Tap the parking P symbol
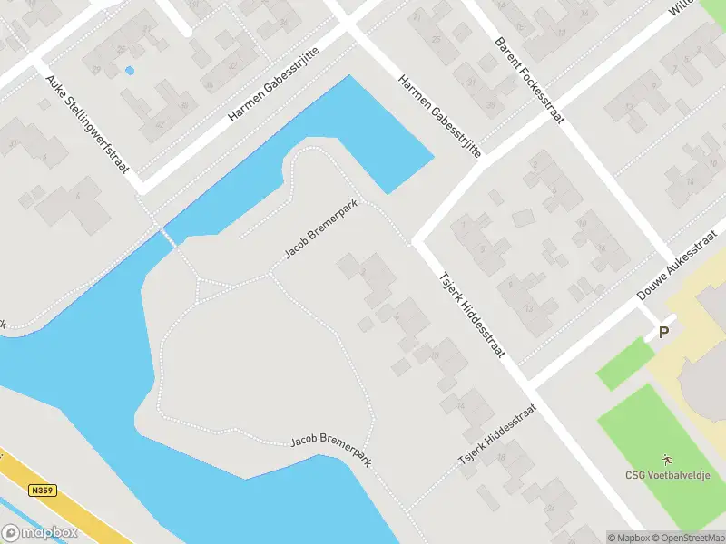pos(663,333)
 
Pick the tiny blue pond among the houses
pos(129,70)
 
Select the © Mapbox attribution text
pos(628,538)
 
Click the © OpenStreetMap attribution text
pos(688,538)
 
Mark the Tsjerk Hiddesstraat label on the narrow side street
pos(498,434)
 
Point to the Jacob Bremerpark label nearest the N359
pos(331,450)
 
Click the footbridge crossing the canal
pos(168,237)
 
